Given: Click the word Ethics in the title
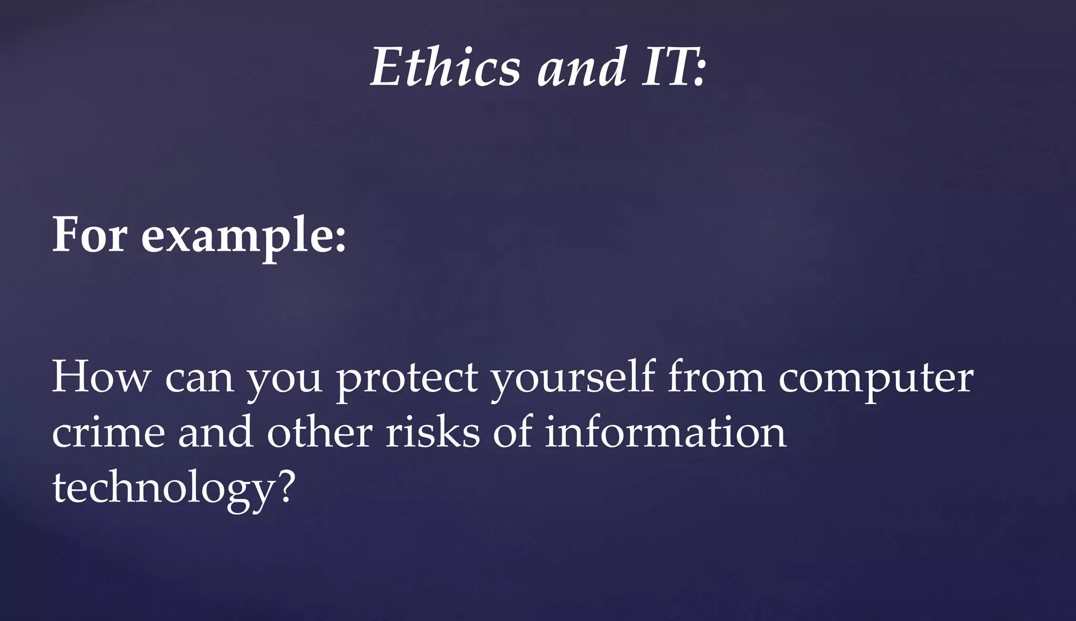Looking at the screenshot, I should (x=446, y=67).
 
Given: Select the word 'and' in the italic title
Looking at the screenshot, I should (x=581, y=67).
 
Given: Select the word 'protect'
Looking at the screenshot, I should (x=407, y=378).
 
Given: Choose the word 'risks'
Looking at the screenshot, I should (x=433, y=432).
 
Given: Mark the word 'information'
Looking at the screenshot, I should (x=665, y=432).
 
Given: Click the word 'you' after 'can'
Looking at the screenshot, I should (x=284, y=380).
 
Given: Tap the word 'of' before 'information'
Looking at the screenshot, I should (x=512, y=432).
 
